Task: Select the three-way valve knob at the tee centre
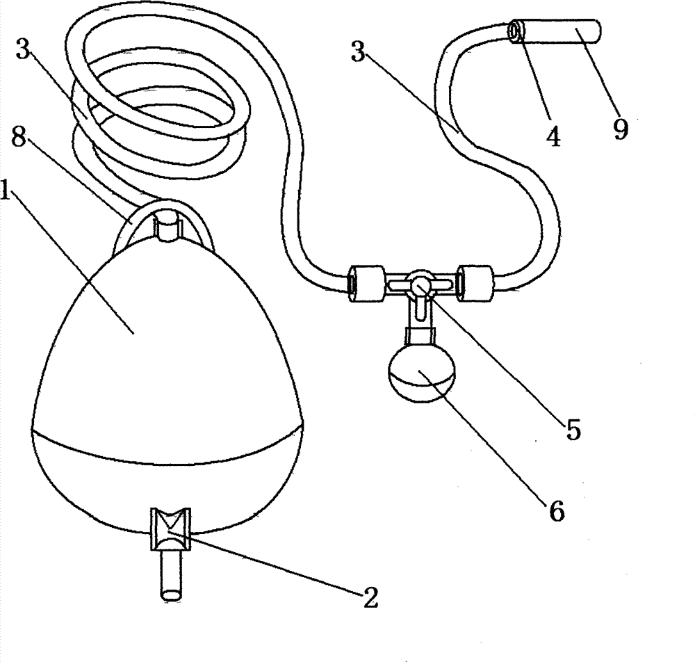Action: click(419, 283)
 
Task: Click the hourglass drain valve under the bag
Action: click(171, 529)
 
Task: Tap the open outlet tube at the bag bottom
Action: click(171, 576)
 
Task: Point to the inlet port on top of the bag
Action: click(167, 225)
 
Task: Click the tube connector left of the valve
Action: click(366, 284)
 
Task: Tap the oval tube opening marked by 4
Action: click(515, 31)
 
